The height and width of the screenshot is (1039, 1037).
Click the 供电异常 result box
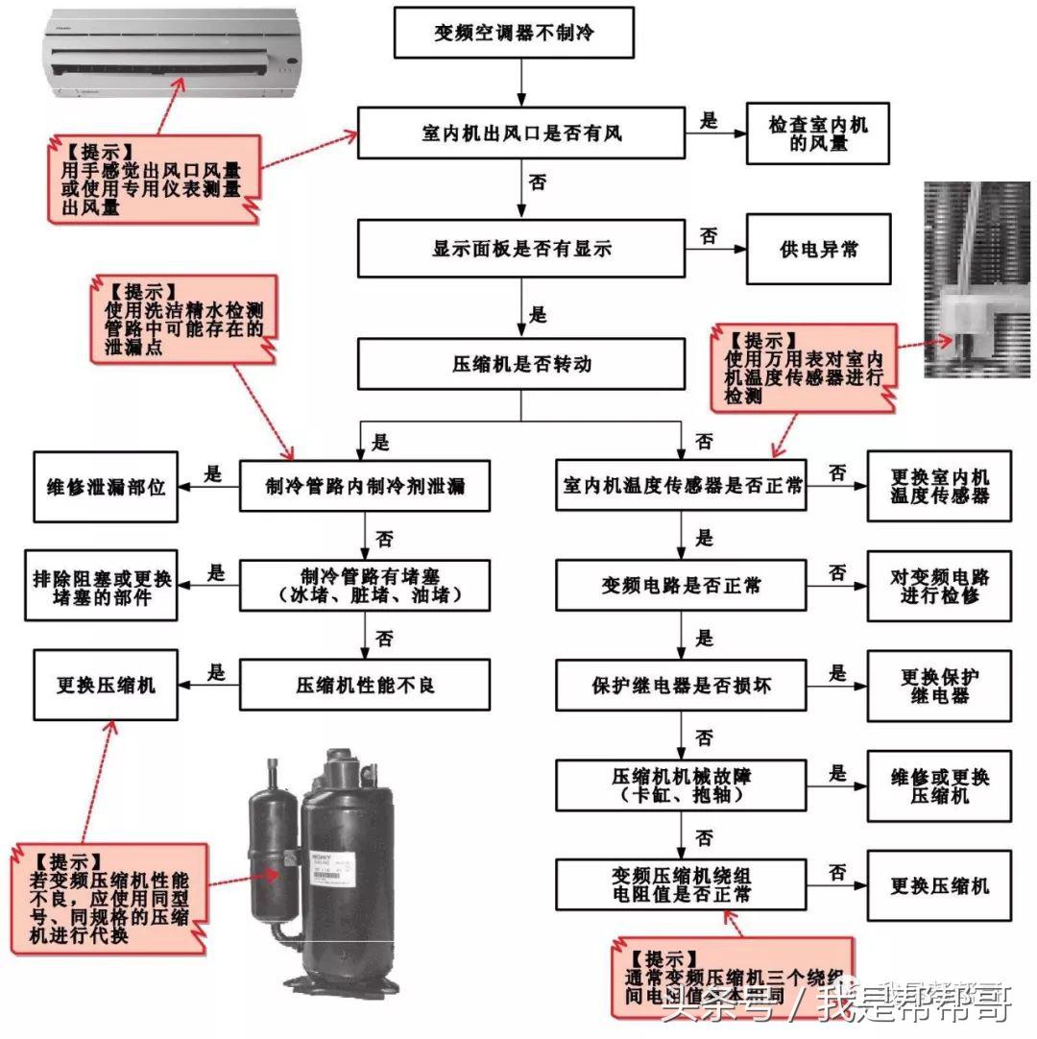click(818, 250)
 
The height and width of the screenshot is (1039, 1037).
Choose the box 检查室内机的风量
click(818, 133)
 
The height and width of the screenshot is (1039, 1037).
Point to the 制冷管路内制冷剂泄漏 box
click(365, 486)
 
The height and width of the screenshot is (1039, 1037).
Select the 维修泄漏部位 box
click(106, 487)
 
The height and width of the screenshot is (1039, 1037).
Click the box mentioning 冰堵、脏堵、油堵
click(365, 587)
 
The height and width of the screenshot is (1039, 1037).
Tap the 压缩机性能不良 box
click(365, 685)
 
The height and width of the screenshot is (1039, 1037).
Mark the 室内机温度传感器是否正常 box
click(682, 486)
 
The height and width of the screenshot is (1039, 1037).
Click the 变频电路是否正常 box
click(682, 586)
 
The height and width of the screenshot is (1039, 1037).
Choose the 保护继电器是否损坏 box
click(682, 686)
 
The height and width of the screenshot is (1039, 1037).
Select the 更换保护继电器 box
click(939, 686)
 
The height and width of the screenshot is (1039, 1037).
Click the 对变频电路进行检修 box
click(939, 586)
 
